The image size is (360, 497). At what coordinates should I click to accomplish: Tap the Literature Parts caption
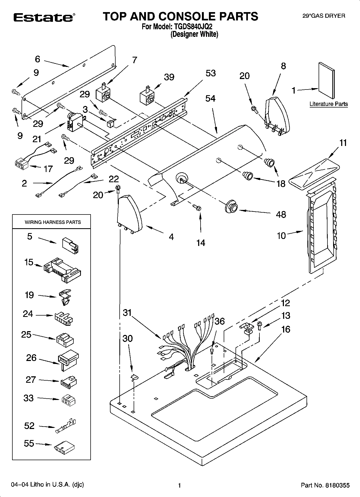coord(328,104)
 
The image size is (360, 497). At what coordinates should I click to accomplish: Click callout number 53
coord(210,73)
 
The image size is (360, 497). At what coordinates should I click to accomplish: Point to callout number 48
coord(281,214)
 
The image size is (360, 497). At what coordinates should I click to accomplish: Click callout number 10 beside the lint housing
coord(281,236)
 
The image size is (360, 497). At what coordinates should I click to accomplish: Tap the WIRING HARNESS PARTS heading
coord(53,222)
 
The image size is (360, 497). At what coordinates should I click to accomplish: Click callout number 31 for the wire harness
coord(127,313)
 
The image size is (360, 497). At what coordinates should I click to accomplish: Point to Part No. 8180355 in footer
coord(325,485)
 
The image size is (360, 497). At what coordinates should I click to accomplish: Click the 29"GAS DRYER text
coord(324,16)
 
